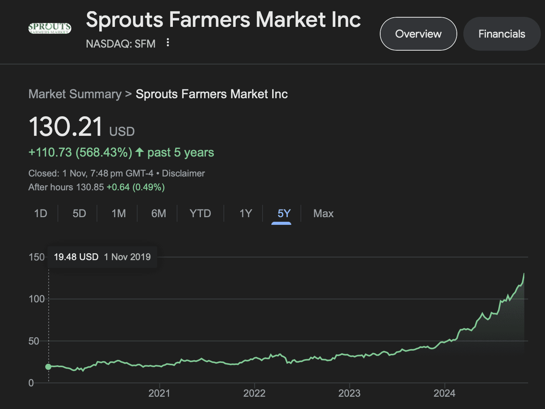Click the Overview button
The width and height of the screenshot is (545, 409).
click(418, 34)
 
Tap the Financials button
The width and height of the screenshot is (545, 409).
click(502, 34)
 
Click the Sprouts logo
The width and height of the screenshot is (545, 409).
click(50, 28)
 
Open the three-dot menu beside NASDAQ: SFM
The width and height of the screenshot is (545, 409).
click(167, 43)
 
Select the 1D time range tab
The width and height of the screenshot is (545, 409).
click(41, 213)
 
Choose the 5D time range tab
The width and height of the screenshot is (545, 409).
click(79, 213)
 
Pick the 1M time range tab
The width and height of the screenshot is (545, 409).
click(118, 213)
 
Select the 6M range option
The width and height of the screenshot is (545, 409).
click(159, 213)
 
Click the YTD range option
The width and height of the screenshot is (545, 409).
click(200, 213)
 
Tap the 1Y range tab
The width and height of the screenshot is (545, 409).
click(246, 213)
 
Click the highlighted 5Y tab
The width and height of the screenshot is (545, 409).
click(284, 213)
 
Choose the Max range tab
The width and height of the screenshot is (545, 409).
click(323, 213)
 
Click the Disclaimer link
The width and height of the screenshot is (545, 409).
click(183, 173)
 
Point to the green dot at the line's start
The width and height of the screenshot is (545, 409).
click(48, 367)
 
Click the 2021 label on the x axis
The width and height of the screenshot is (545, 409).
click(159, 393)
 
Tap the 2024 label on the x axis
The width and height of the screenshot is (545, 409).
click(444, 393)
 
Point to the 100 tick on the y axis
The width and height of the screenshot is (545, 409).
click(37, 299)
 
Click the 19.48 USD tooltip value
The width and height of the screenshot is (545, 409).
click(76, 257)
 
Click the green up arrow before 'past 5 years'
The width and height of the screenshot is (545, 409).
click(140, 152)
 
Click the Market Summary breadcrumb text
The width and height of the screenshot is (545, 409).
click(75, 94)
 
